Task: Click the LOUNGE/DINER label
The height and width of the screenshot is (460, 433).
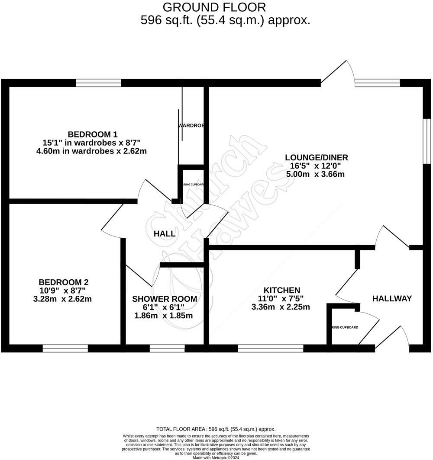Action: (x=316, y=157)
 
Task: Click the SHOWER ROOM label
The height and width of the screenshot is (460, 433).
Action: (x=165, y=299)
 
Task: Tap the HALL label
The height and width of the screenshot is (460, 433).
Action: (x=165, y=234)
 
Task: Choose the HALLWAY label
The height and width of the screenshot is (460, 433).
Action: (x=392, y=298)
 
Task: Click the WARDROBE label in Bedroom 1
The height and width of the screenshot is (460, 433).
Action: (x=191, y=125)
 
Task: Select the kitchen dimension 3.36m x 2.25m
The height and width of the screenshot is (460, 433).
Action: (x=281, y=307)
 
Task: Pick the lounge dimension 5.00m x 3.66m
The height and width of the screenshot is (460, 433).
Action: (x=315, y=174)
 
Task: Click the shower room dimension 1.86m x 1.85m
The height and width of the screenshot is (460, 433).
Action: (x=164, y=316)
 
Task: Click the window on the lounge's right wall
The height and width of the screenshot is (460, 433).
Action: (x=427, y=141)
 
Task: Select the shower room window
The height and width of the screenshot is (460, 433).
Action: (x=167, y=348)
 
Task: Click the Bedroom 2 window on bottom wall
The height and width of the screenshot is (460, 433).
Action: (x=65, y=348)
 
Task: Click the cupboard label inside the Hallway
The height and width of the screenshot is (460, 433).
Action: (x=345, y=327)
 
